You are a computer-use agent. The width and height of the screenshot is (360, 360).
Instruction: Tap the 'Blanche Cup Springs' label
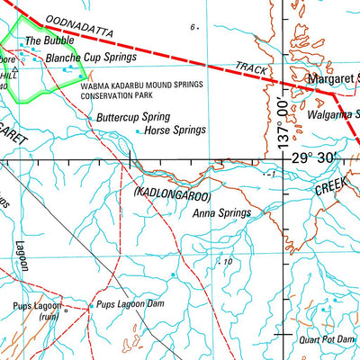click(94, 57)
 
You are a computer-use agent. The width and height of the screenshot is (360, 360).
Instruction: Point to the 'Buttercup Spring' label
click(133, 117)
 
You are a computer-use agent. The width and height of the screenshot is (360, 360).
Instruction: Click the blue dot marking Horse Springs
click(138, 131)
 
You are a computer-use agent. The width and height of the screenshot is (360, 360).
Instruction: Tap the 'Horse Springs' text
click(175, 130)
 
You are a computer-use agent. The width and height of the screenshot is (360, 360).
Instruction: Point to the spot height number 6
click(193, 28)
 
